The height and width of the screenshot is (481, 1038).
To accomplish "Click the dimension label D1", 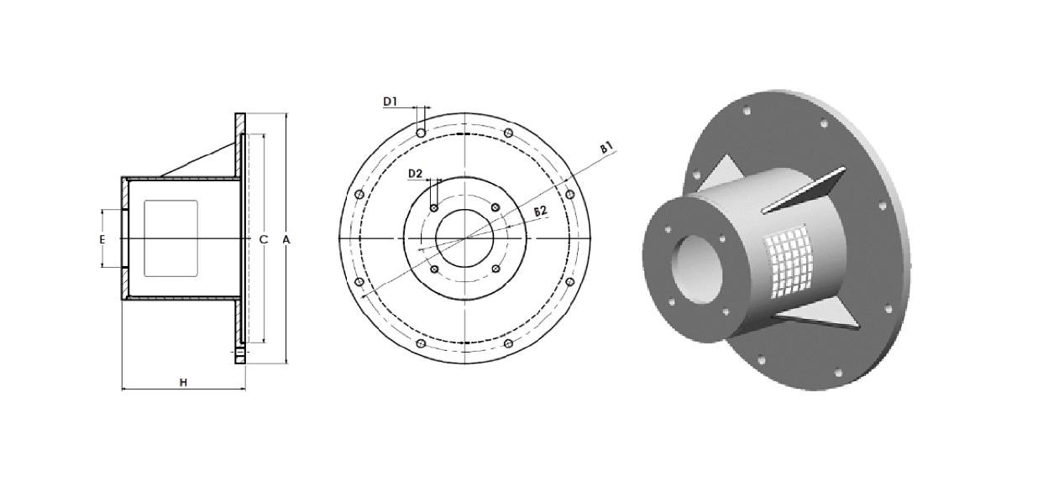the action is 391,102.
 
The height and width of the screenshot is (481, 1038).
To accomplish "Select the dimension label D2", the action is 415,174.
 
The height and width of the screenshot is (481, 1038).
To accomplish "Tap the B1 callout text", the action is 606,148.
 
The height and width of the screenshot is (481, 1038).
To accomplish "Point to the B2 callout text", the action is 541,212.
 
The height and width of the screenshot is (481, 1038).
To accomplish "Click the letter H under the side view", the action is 184,382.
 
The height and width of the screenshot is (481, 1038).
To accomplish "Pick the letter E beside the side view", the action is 102,239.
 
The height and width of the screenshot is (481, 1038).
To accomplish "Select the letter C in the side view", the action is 263,239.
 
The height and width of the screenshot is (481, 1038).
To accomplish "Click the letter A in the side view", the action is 286,239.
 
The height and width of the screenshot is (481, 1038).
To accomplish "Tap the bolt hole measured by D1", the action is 421,133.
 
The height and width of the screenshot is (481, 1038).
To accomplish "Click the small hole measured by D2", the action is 434,207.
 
